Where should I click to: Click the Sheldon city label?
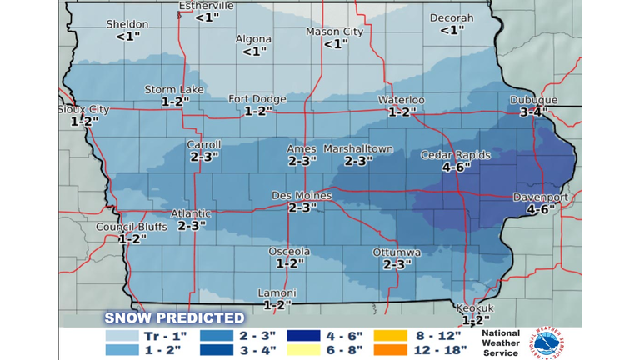coord(127,24)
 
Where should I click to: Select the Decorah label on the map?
coord(451,17)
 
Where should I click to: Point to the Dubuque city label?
coord(533,100)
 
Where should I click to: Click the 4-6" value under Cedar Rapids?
coord(457,167)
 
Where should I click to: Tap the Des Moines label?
coord(302,196)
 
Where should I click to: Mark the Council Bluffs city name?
coord(132,227)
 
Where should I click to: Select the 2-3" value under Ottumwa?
coord(397,264)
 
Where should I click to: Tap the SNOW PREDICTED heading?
coord(174,317)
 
